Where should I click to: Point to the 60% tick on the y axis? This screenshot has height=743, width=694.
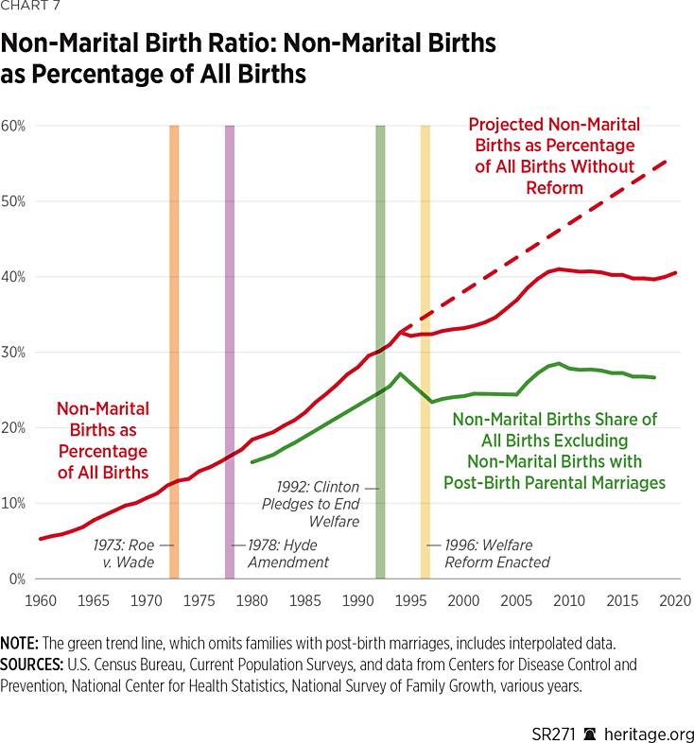click(12, 126)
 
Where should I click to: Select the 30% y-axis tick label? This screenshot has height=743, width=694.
click(12, 352)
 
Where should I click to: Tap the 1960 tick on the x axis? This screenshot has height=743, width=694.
click(40, 600)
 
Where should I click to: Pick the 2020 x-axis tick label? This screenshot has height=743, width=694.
click(676, 600)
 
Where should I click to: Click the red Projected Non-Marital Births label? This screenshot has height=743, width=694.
click(554, 156)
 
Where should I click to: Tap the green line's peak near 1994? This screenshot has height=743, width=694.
click(401, 373)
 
